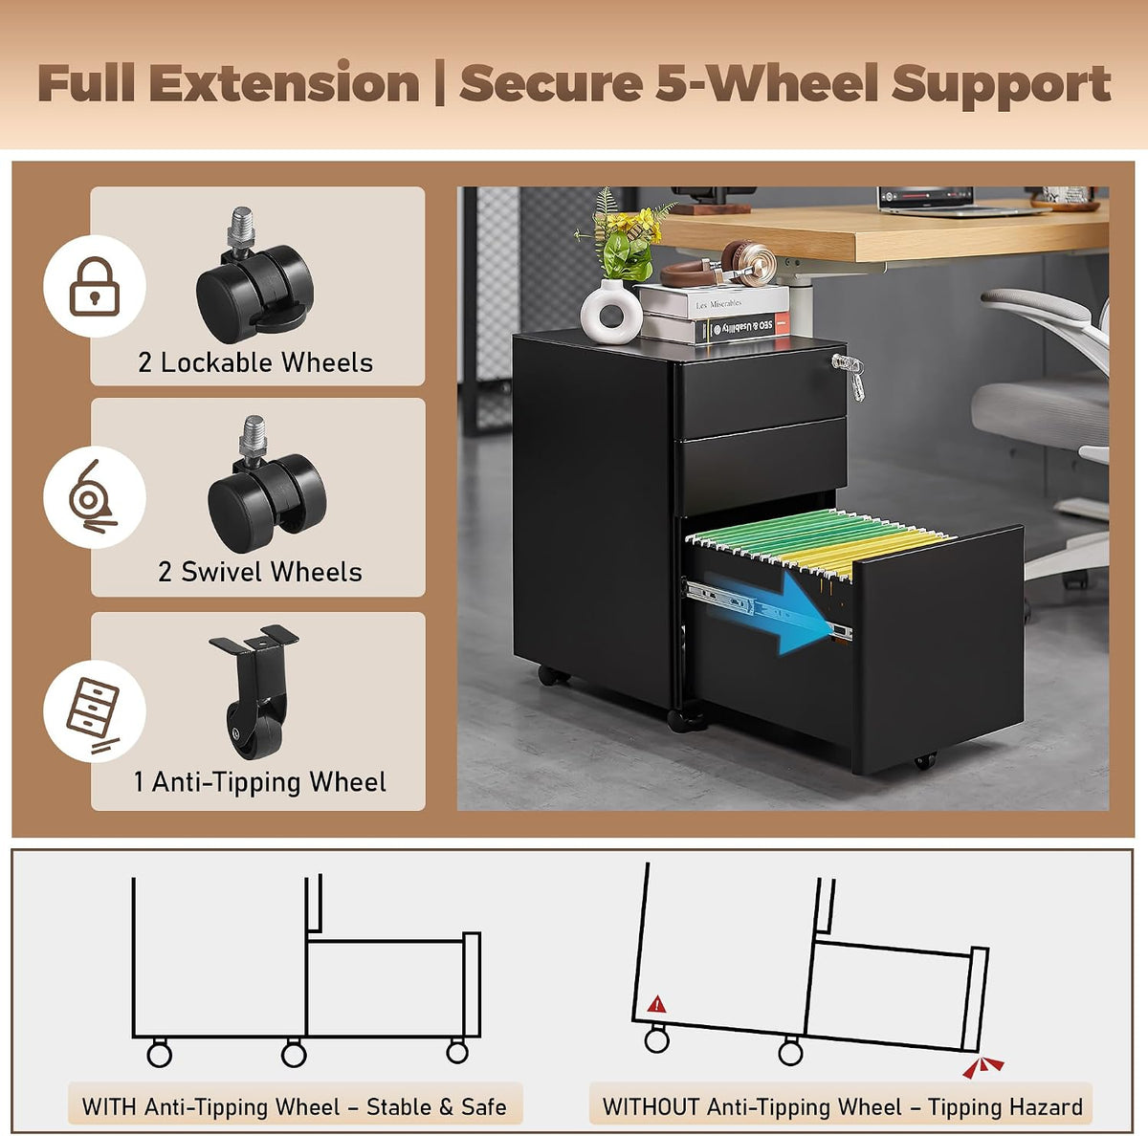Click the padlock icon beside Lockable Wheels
click(x=94, y=286)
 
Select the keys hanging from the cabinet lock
click(x=850, y=375)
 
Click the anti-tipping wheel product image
click(x=255, y=691)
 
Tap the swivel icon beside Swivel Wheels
click(x=92, y=496)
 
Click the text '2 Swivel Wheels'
click(x=260, y=572)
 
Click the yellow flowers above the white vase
click(x=634, y=225)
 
